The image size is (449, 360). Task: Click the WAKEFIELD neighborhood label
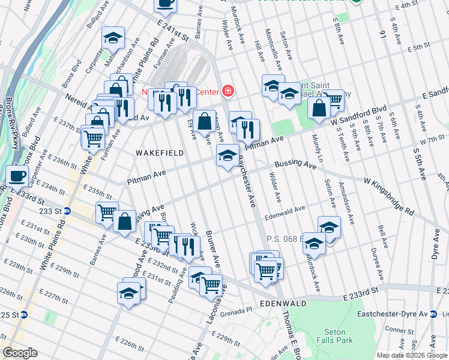159,153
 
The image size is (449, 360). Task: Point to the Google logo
20,353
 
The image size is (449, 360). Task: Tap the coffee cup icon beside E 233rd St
17,176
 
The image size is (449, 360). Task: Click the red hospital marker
228,92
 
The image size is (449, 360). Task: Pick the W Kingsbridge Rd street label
390,196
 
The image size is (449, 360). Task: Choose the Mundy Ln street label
317,148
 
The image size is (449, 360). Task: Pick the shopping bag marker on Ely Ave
204,121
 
